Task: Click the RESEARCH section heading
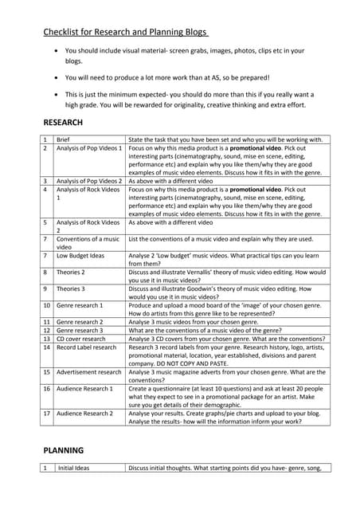tap(63, 122)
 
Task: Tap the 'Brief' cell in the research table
tap(64, 139)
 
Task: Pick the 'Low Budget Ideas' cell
tap(80, 256)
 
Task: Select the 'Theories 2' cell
tap(72, 272)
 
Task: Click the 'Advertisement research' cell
tap(88, 371)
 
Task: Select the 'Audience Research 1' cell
tap(84, 388)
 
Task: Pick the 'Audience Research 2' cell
tap(84, 414)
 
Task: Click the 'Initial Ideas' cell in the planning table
tap(72, 468)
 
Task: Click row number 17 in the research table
tap(46, 414)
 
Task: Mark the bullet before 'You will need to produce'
tap(54, 77)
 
